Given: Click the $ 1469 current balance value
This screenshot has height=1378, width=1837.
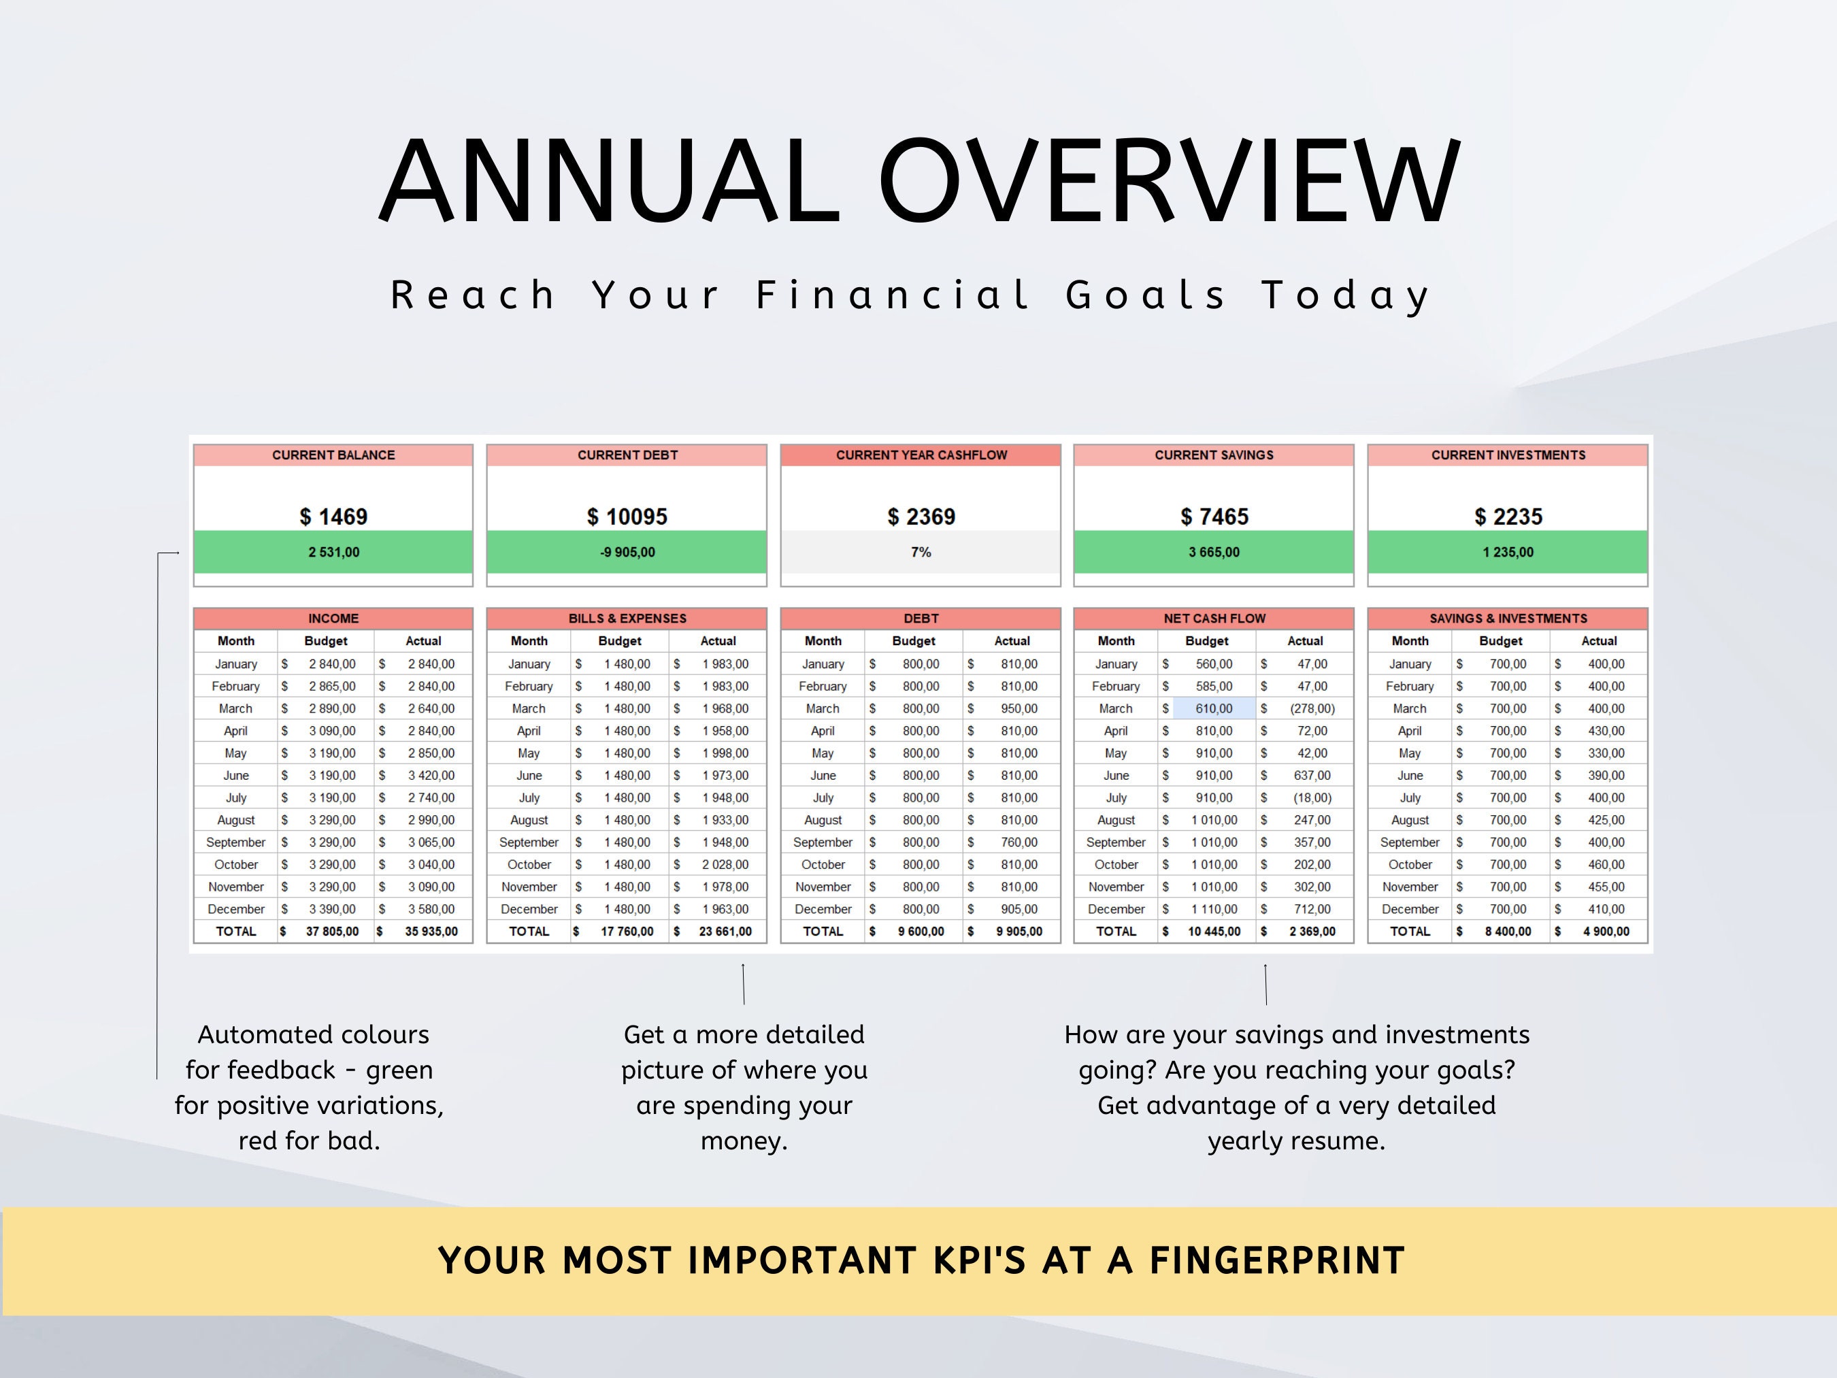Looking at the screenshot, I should (x=333, y=516).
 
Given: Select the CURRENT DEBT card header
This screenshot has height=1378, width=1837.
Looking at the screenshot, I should (x=627, y=455).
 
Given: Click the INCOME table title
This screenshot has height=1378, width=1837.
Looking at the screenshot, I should (x=333, y=618).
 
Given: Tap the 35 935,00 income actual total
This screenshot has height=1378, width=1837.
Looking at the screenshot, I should (x=431, y=931).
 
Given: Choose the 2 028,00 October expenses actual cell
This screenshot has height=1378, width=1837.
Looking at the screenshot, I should (x=725, y=865).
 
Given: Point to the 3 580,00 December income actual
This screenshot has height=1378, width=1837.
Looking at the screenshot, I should (x=431, y=908).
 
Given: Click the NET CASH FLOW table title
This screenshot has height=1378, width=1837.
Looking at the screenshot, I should (x=1214, y=618).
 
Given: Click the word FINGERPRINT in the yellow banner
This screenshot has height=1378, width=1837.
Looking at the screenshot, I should (x=1276, y=1261).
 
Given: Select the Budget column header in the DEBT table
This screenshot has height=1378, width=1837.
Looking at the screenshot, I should (x=914, y=641).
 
